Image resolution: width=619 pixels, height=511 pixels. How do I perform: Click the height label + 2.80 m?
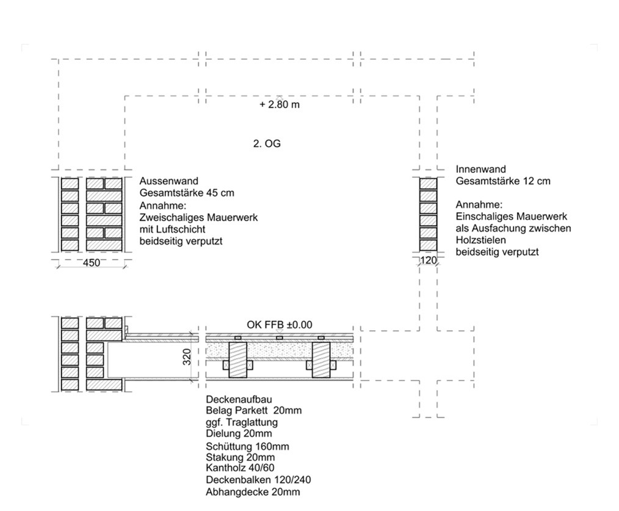(280, 105)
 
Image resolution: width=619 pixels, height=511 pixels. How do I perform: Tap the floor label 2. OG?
(267, 144)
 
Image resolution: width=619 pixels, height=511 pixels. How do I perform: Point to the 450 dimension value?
(92, 262)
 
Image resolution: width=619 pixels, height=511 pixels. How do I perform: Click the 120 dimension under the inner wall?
(429, 261)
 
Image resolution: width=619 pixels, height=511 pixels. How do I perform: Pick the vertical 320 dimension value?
(187, 357)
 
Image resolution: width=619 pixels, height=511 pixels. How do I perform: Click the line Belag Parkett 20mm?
(254, 410)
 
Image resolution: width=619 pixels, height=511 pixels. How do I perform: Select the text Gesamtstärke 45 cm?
(187, 193)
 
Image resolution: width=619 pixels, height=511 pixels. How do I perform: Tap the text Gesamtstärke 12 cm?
(503, 181)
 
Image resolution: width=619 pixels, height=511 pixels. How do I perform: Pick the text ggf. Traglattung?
(242, 422)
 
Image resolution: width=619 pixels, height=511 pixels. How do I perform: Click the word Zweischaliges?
(169, 217)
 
